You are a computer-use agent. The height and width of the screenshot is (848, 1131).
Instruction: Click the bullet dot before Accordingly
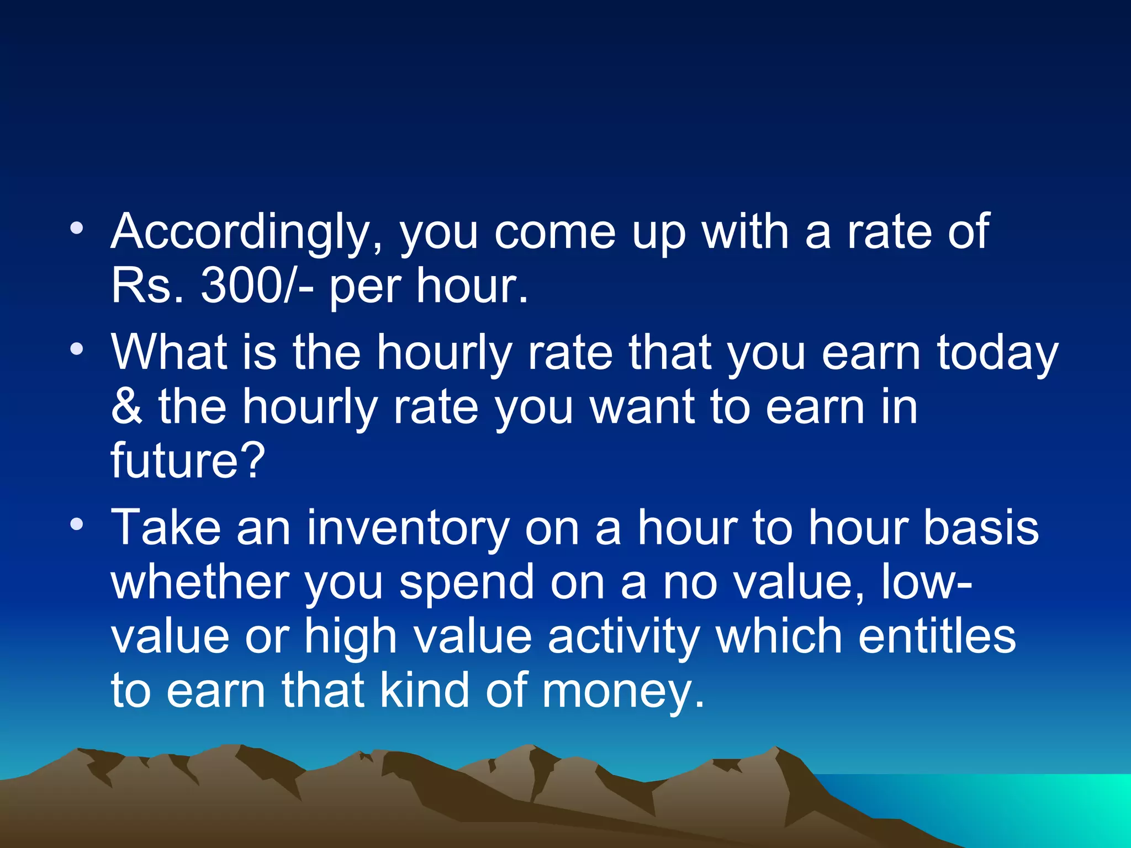point(77,228)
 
